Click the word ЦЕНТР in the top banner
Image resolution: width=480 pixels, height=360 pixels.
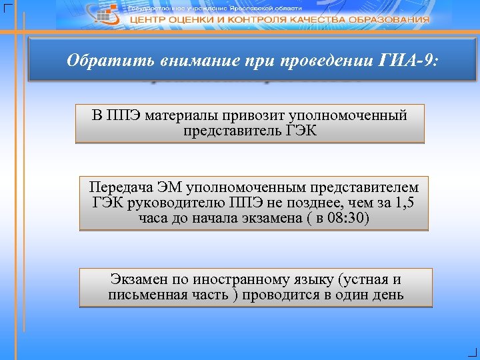[153, 20]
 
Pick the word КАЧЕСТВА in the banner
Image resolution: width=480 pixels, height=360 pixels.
[313, 20]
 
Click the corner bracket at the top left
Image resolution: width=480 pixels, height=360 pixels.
[7, 7]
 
